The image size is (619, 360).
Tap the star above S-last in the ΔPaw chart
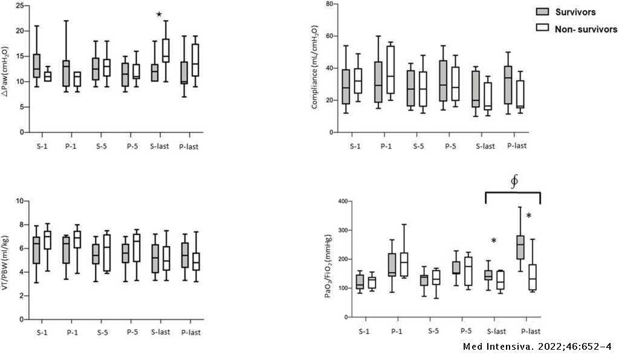tap(159, 15)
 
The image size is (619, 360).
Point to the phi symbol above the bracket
tap(514, 181)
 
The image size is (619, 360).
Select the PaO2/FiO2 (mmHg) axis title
tap(328, 266)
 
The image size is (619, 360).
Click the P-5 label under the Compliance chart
tap(450, 146)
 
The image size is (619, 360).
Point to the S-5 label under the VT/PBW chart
tap(102, 333)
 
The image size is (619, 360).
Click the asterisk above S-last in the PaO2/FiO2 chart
tap(493, 241)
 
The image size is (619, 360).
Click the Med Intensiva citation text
tap(537, 347)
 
